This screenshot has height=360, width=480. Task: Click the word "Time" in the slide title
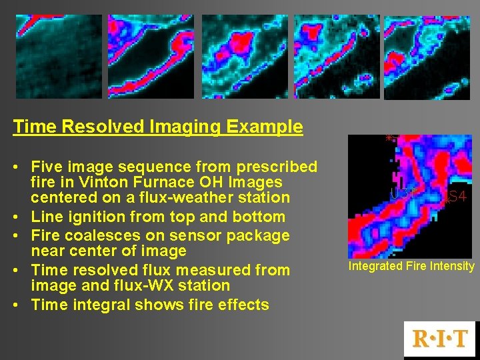(31, 127)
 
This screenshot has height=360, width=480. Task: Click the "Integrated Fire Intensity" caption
(411, 267)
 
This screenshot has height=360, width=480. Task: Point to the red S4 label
(457, 197)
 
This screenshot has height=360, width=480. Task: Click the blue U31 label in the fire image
(403, 193)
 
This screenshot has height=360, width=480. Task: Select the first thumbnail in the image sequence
(59, 57)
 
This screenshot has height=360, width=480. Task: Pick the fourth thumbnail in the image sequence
(336, 57)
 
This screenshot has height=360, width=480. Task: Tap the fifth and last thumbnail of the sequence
(427, 57)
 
